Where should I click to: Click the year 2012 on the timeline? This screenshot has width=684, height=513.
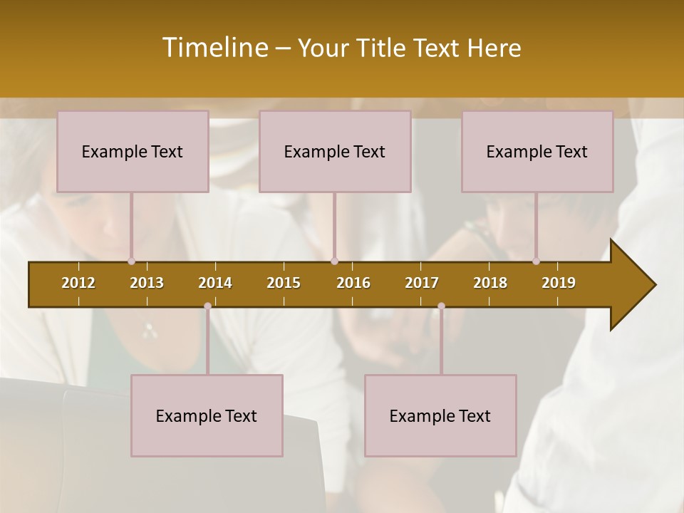[78, 283]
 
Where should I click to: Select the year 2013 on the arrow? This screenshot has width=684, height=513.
[147, 283]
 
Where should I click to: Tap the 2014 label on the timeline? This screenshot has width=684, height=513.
[215, 283]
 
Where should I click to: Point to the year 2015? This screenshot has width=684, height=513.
[284, 283]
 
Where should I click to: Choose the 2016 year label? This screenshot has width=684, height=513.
[353, 283]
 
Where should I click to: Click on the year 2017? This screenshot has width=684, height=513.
[422, 283]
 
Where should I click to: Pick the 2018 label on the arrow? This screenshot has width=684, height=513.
[490, 283]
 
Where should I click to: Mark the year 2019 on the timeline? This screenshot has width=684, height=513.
[559, 283]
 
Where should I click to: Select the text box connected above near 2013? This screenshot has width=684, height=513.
[133, 152]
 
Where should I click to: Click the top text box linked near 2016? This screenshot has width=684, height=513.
[335, 152]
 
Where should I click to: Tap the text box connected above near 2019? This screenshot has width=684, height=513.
[537, 152]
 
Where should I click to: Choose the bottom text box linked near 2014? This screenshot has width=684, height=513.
[207, 415]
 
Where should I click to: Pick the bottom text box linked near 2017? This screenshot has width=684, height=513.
[440, 415]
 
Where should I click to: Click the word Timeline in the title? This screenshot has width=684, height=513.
[214, 48]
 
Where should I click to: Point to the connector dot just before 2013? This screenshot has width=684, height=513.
[131, 261]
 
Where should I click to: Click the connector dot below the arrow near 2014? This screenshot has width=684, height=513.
[207, 306]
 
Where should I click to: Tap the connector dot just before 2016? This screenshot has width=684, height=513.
[335, 261]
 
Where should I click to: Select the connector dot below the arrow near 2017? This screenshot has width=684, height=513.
[441, 306]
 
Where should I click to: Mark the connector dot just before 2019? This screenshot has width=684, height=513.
[536, 261]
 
